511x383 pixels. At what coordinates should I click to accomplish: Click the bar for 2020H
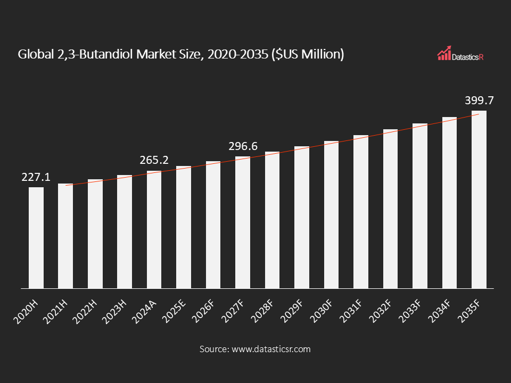[x=36, y=238]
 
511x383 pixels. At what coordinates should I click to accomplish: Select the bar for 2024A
[x=154, y=230]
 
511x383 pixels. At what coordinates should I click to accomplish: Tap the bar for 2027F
[x=243, y=222]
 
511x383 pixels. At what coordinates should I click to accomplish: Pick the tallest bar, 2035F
[x=479, y=199]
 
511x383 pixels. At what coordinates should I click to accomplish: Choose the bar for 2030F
[x=331, y=215]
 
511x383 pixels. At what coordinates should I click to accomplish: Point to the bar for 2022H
[x=95, y=234]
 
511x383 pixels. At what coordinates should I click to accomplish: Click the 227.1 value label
[x=36, y=177]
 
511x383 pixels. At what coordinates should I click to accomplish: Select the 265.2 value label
[x=154, y=160]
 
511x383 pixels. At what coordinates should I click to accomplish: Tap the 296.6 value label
[x=243, y=146]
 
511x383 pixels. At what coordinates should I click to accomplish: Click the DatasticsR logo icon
[x=444, y=53]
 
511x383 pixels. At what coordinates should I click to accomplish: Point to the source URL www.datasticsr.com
[x=270, y=349]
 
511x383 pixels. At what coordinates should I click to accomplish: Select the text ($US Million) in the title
[x=308, y=54]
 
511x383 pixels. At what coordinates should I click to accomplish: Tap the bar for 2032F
[x=390, y=209]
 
